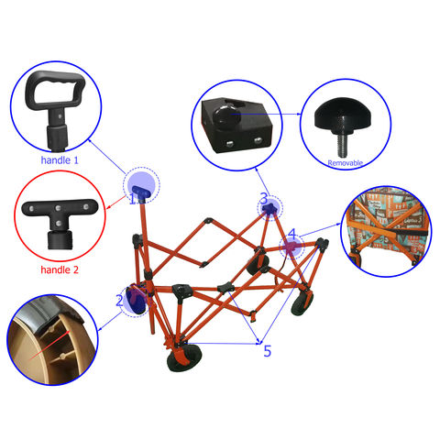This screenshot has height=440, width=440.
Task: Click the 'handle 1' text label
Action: [60, 160]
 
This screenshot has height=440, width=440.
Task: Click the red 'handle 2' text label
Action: [60, 269]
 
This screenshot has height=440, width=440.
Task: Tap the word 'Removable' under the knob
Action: [345, 163]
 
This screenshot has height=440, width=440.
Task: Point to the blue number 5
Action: [268, 351]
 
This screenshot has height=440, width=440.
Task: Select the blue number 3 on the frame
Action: [264, 199]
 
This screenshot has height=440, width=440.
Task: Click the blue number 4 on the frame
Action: [292, 235]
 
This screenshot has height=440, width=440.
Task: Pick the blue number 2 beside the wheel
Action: [119, 301]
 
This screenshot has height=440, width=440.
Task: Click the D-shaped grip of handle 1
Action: [55, 90]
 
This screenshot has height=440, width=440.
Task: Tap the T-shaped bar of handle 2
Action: [60, 208]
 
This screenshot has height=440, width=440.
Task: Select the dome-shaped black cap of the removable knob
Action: [343, 112]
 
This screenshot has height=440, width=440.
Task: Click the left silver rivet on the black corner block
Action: [230, 143]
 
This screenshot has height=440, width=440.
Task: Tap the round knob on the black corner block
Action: [225, 115]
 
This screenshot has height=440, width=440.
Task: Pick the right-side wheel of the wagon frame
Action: [302, 303]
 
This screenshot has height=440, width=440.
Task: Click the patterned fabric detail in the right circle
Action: [386, 231]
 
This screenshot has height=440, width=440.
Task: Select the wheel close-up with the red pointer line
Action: [52, 339]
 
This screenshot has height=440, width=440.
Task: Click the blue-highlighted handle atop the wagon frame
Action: [141, 194]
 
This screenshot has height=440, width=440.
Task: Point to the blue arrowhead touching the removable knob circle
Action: [299, 114]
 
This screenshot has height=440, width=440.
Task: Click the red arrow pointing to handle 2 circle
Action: [115, 202]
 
